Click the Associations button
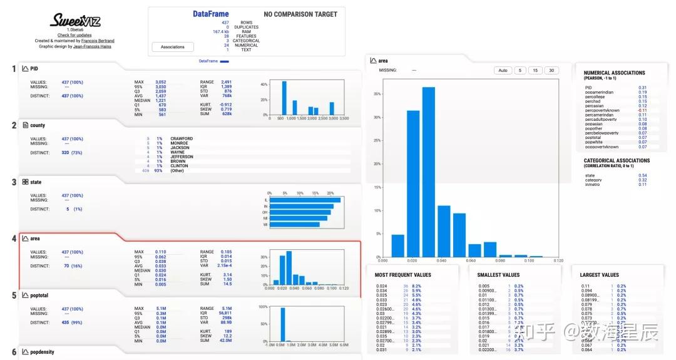173,47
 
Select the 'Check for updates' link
74,35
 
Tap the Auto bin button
502,71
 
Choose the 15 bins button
536,71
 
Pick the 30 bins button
551,71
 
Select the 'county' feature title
38,125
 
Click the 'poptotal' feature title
39,296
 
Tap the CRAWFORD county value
182,138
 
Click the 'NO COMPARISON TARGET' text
300,14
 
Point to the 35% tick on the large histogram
377,93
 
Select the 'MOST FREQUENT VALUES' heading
403,275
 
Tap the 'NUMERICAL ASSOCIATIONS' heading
614,73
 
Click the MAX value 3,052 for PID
161,82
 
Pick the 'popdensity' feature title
42,352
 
